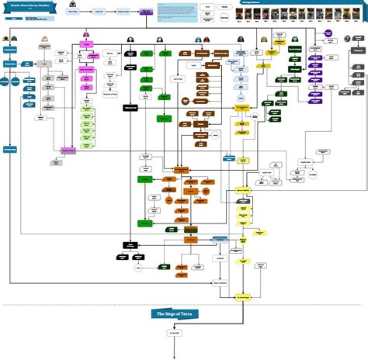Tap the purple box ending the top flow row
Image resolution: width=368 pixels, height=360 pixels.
click(x=146, y=12)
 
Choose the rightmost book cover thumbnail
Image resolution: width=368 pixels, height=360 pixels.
click(x=361, y=16)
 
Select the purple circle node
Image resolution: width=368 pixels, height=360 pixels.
click(x=328, y=36)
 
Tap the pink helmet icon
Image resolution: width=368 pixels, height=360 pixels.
click(x=85, y=35)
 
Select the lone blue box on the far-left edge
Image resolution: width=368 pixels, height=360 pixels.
click(x=9, y=149)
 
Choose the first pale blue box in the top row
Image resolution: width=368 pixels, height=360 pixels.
click(x=72, y=12)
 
